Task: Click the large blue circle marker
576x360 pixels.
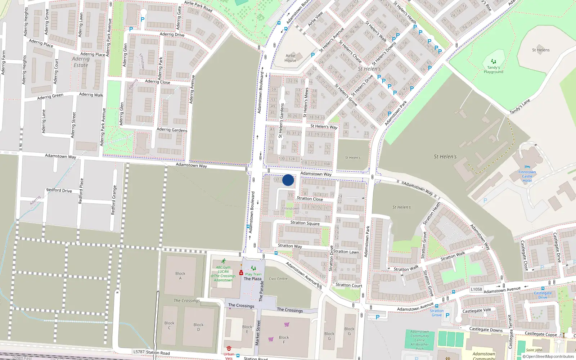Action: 288,180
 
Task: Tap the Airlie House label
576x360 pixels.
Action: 291,58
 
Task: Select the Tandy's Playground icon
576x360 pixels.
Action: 494,62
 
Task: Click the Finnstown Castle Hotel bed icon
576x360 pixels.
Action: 527,167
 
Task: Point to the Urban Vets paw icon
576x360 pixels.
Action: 229,348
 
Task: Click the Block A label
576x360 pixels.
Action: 180,276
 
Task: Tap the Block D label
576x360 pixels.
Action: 198,327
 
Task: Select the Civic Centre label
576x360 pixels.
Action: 278,279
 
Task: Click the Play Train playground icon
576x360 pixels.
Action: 253,268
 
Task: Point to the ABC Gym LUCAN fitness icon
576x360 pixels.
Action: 224,261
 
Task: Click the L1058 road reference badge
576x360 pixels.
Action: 476,289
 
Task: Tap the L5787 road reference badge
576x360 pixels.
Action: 139,352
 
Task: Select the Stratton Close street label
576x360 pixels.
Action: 310,199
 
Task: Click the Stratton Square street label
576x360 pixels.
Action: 305,223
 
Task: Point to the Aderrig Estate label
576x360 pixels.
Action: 81,62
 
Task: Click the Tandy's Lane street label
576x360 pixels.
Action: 520,107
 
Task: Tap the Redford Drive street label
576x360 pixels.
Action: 59,190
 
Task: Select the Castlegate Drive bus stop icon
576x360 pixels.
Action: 543,288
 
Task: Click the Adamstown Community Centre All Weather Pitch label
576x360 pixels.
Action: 420,340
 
